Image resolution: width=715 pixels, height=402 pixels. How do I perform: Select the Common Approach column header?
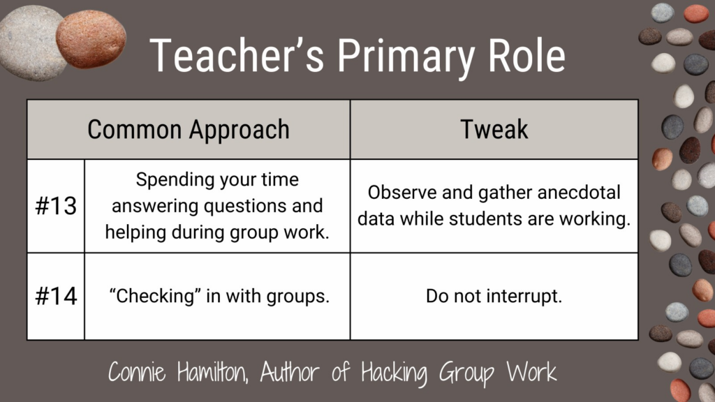point(189,130)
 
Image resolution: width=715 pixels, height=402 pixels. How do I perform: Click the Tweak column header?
point(494,129)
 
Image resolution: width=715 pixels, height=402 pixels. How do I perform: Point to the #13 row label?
point(56,206)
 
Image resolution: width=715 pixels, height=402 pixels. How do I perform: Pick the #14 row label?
point(56,296)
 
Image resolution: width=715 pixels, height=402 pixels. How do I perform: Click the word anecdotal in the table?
point(578,193)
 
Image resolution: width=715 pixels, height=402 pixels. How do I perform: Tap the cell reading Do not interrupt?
point(494,296)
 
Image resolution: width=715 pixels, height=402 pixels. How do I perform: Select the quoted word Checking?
point(155,297)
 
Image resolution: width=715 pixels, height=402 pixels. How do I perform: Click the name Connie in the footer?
point(137,372)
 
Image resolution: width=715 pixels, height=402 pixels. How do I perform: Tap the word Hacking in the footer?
point(394,373)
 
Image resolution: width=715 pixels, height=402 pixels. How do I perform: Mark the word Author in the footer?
point(289,372)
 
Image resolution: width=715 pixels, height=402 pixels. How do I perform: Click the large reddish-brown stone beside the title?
point(91,39)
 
